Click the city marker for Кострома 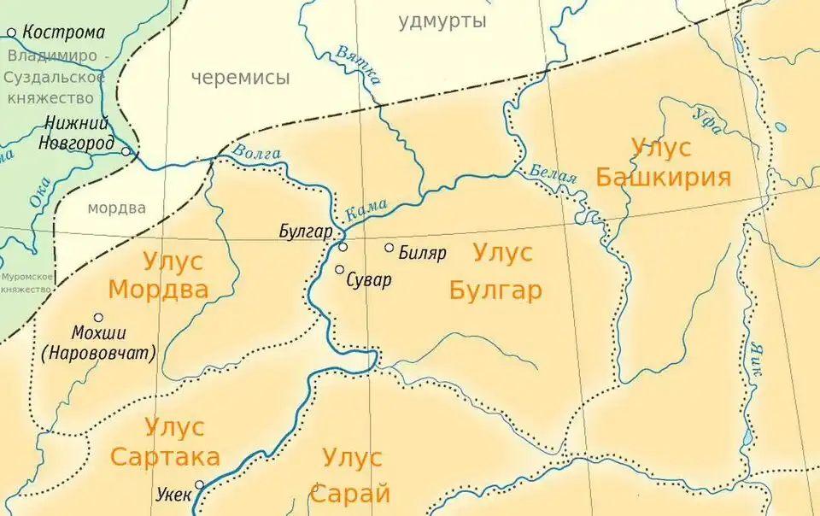pyautogui.click(x=12, y=33)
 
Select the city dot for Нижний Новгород pyautogui.click(x=126, y=152)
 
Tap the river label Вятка pyautogui.click(x=357, y=63)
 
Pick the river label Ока pyautogui.click(x=39, y=193)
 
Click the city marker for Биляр pyautogui.click(x=389, y=248)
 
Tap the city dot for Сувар pyautogui.click(x=340, y=270)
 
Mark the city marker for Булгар pyautogui.click(x=343, y=247)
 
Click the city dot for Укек pyautogui.click(x=200, y=484)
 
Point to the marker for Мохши pyautogui.click(x=98, y=318)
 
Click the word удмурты pyautogui.click(x=442, y=21)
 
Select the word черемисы pyautogui.click(x=240, y=78)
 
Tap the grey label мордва pyautogui.click(x=116, y=208)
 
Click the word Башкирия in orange pyautogui.click(x=663, y=177)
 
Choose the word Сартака pyautogui.click(x=165, y=455)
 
